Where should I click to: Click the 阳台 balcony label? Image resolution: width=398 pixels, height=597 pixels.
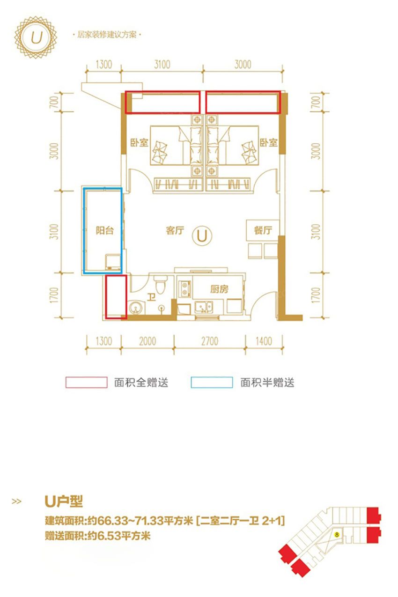click(x=104, y=230)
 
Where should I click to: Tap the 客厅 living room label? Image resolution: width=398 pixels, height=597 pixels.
click(x=174, y=230)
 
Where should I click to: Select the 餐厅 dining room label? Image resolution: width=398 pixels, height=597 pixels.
click(x=263, y=230)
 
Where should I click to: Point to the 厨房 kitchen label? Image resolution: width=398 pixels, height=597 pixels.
click(x=219, y=289)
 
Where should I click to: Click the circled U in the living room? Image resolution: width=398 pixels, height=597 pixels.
click(x=202, y=235)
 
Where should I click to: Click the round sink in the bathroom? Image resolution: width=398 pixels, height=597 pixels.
click(x=136, y=308)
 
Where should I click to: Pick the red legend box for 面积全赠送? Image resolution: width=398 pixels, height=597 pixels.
click(x=86, y=383)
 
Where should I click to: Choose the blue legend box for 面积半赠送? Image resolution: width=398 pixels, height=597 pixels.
click(x=212, y=383)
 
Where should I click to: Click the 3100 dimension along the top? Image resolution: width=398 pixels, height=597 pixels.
click(x=162, y=64)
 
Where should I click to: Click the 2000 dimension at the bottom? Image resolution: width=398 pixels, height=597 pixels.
click(x=147, y=341)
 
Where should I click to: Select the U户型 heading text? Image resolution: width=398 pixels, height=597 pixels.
click(x=64, y=502)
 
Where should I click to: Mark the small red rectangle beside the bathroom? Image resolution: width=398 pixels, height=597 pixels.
click(x=116, y=297)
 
